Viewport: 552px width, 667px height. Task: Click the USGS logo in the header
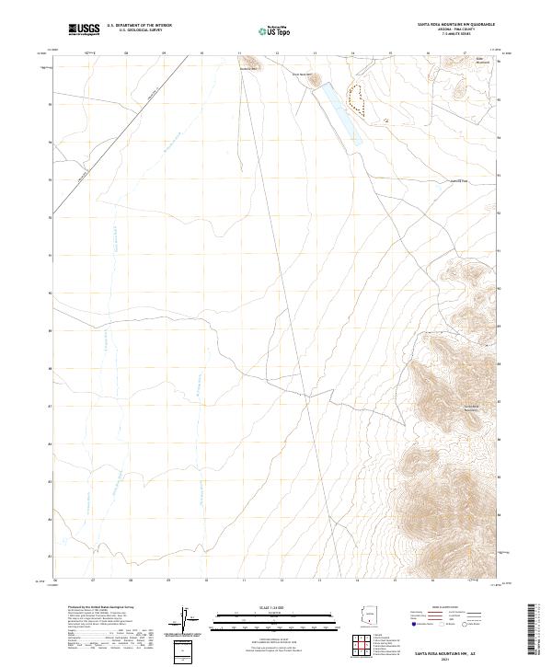[83, 29]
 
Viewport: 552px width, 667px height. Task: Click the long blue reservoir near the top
[338, 113]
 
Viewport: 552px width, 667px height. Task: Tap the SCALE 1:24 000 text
[275, 608]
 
